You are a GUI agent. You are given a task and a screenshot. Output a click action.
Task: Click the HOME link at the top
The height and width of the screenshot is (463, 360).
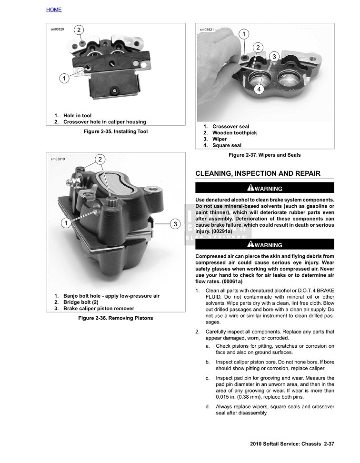(x=54, y=10)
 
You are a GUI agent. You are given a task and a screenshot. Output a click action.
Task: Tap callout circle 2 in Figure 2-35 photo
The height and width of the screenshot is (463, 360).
(x=80, y=30)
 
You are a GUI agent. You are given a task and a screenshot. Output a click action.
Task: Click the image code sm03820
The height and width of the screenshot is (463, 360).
(x=57, y=29)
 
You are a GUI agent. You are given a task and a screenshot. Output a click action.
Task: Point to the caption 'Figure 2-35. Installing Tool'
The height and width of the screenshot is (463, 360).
(x=116, y=131)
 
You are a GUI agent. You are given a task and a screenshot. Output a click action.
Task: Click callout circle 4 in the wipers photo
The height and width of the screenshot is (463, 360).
(x=259, y=90)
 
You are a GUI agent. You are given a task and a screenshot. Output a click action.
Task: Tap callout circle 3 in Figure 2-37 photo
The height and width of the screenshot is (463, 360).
(x=274, y=57)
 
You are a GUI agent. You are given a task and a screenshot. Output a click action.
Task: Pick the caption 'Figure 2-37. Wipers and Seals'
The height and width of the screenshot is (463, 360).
(x=264, y=155)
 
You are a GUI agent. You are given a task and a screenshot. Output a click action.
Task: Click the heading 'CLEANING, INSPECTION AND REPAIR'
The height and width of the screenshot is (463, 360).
(x=258, y=173)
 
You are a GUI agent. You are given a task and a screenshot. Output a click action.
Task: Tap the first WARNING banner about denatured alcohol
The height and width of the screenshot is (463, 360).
(x=265, y=188)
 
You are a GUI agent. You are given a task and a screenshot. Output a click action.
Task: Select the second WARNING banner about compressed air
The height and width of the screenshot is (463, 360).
(x=265, y=245)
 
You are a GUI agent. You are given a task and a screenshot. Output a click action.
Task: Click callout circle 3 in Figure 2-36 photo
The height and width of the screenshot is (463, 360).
(x=175, y=224)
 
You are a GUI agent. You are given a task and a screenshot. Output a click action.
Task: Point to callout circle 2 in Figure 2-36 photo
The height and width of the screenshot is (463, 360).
(x=100, y=159)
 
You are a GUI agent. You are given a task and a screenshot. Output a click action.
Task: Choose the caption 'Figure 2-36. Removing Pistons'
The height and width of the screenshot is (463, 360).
(x=116, y=318)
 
